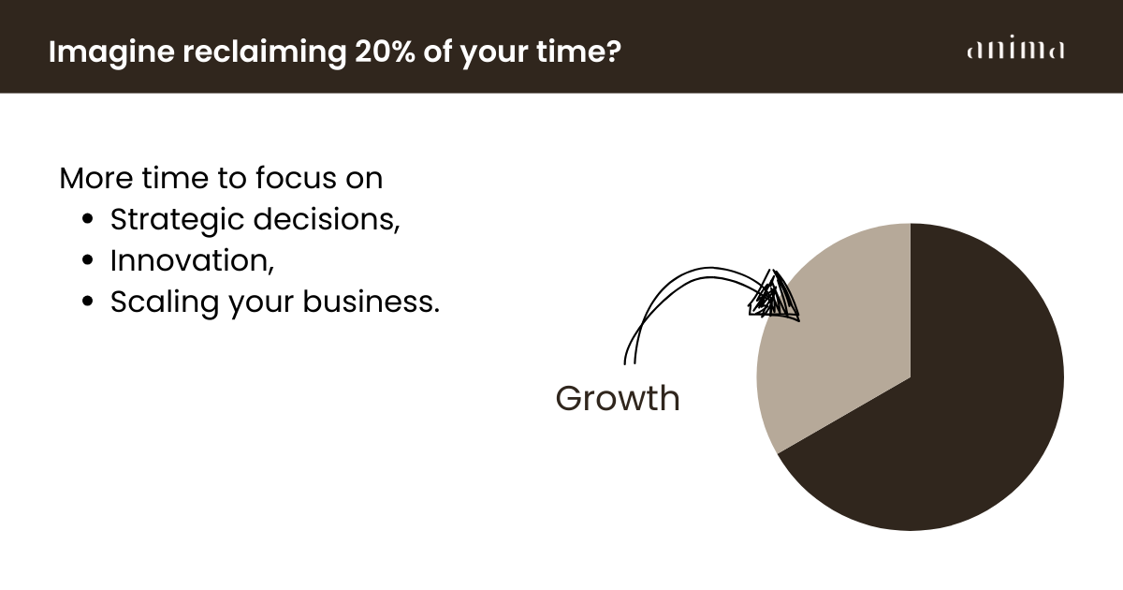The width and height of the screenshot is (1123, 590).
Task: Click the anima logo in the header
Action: pyautogui.click(x=1015, y=48)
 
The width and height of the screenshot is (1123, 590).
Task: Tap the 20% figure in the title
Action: pyautogui.click(x=385, y=52)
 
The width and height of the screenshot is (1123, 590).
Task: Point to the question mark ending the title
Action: pyautogui.click(x=613, y=52)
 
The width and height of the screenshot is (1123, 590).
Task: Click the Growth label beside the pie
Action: pyautogui.click(x=618, y=398)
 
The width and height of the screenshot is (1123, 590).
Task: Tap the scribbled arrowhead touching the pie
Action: pyautogui.click(x=774, y=295)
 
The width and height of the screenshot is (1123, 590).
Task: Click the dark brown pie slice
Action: pyautogui.click(x=953, y=402)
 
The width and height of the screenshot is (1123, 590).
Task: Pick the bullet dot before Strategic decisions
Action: pyautogui.click(x=87, y=219)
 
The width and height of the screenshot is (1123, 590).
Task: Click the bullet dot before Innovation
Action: pyautogui.click(x=87, y=260)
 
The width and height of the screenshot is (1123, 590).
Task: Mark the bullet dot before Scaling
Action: pyautogui.click(x=87, y=302)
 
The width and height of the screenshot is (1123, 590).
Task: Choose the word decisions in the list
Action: pyautogui.click(x=327, y=219)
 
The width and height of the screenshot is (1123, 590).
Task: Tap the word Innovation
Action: pyautogui.click(x=192, y=261)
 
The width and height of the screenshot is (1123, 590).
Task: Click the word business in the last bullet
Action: pyautogui.click(x=371, y=302)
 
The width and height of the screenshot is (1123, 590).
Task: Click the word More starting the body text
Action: pyautogui.click(x=96, y=178)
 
